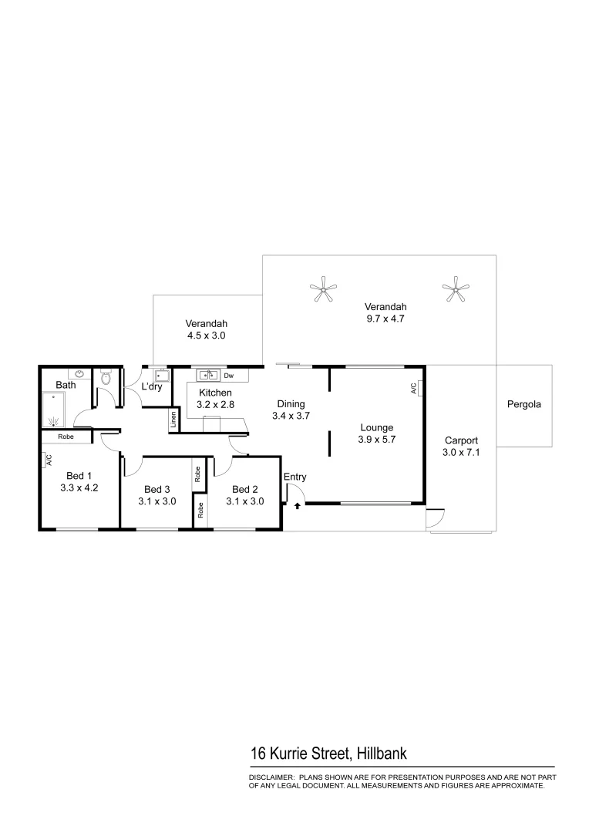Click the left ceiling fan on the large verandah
pyautogui.click(x=325, y=291)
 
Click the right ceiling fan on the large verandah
pyautogui.click(x=455, y=290)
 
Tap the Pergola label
pyautogui.click(x=523, y=403)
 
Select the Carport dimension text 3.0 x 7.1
pyautogui.click(x=462, y=453)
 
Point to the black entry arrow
pyautogui.click(x=297, y=506)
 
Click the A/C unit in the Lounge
pyautogui.click(x=413, y=388)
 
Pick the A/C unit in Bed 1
pyautogui.click(x=48, y=460)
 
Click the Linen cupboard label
pyautogui.click(x=173, y=420)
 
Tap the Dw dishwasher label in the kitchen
pyautogui.click(x=229, y=376)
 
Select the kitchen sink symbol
pyautogui.click(x=208, y=375)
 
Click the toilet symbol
pyautogui.click(x=106, y=379)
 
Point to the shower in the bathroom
pyautogui.click(x=54, y=408)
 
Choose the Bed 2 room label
pyautogui.click(x=244, y=489)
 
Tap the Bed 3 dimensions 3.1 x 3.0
pyautogui.click(x=157, y=501)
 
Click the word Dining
pyautogui.click(x=291, y=403)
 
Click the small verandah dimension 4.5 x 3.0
pyautogui.click(x=206, y=336)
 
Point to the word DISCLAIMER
pyautogui.click(x=271, y=777)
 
